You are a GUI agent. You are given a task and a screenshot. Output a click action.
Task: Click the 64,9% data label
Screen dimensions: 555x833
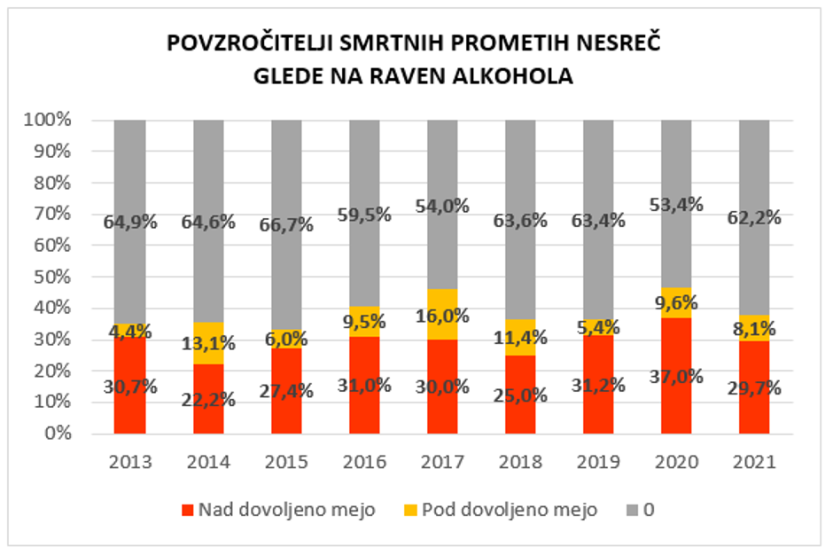click(131, 222)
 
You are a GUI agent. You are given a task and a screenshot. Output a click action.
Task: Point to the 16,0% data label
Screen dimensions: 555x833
click(443, 316)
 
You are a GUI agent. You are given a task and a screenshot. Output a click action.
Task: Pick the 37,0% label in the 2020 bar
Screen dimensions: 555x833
click(676, 376)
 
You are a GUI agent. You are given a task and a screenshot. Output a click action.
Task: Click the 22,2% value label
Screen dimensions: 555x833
click(209, 398)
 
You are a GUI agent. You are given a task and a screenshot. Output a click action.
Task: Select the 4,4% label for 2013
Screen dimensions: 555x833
click(131, 332)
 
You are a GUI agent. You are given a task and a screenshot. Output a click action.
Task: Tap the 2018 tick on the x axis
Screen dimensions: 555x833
click(520, 462)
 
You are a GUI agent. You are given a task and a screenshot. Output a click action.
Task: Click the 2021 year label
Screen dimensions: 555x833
click(754, 462)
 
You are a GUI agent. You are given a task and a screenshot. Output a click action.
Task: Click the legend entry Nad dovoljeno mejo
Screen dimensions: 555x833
click(277, 510)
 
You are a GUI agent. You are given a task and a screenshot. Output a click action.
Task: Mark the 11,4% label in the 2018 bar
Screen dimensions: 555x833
click(520, 337)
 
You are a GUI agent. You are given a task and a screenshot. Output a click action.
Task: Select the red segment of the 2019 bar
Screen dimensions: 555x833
click(598, 408)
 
